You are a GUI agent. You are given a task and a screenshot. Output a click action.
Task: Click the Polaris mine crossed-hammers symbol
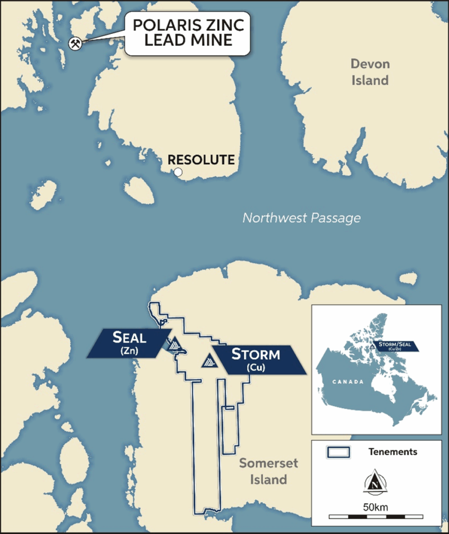pyautogui.click(x=76, y=43)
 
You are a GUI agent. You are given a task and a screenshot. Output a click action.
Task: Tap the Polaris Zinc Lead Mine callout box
pyautogui.click(x=188, y=33)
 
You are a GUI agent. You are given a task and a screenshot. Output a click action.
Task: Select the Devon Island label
pyautogui.click(x=369, y=72)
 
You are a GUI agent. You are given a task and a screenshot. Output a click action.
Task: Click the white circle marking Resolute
pyautogui.click(x=178, y=172)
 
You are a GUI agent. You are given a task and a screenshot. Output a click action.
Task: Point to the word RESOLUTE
pyautogui.click(x=201, y=160)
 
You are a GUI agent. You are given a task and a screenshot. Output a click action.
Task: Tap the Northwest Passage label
pyautogui.click(x=301, y=217)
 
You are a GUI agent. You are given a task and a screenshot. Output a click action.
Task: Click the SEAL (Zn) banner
pyautogui.click(x=129, y=343)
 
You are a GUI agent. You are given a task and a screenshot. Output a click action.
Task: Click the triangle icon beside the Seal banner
pyautogui.click(x=174, y=344)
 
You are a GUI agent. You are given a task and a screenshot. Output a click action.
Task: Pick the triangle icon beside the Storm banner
pyautogui.click(x=209, y=360)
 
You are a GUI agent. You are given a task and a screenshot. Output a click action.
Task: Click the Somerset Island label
pyautogui.click(x=263, y=471)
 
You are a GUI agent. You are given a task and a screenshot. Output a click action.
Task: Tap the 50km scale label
pyautogui.click(x=376, y=507)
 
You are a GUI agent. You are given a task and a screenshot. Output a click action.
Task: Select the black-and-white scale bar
pyautogui.click(x=376, y=517)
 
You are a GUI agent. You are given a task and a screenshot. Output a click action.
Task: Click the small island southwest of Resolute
pyautogui.click(x=139, y=190)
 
